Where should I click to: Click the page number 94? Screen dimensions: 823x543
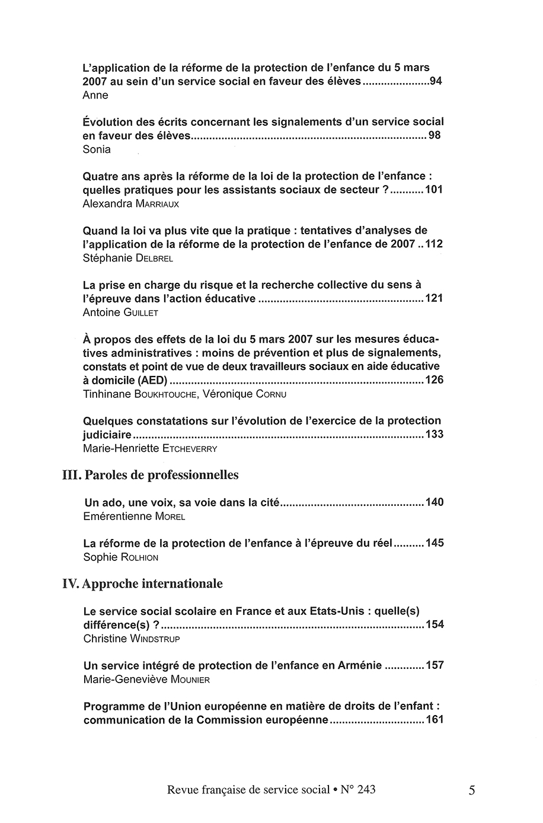point(436,81)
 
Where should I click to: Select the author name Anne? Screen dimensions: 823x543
point(95,95)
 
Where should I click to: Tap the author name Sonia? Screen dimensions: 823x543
point(97,149)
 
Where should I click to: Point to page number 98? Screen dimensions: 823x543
point(435,136)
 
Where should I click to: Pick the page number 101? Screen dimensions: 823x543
point(434,190)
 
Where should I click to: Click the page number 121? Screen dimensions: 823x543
point(434,298)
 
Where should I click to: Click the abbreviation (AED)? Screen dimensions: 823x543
point(155,380)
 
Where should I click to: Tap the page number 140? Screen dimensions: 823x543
point(434,503)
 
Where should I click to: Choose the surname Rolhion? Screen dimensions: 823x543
point(140,557)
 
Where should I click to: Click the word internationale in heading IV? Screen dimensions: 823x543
point(183,583)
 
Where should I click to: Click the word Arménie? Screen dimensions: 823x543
point(360,665)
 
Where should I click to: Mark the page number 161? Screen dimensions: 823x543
point(435,720)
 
